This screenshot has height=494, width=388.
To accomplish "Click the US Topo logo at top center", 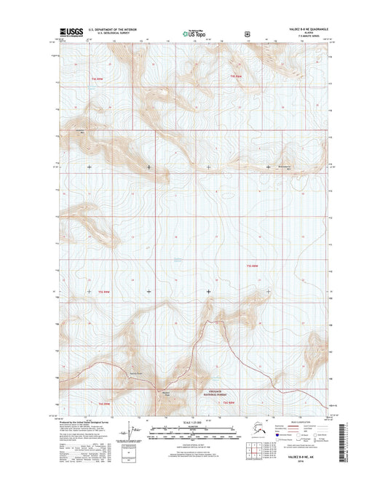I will coord(191,32).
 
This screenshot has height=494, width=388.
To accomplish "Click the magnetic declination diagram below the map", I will coord(132,431).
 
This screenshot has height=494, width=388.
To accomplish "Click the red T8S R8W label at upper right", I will coord(235,76).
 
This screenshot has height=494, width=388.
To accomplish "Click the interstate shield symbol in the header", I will coord(248,32).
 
